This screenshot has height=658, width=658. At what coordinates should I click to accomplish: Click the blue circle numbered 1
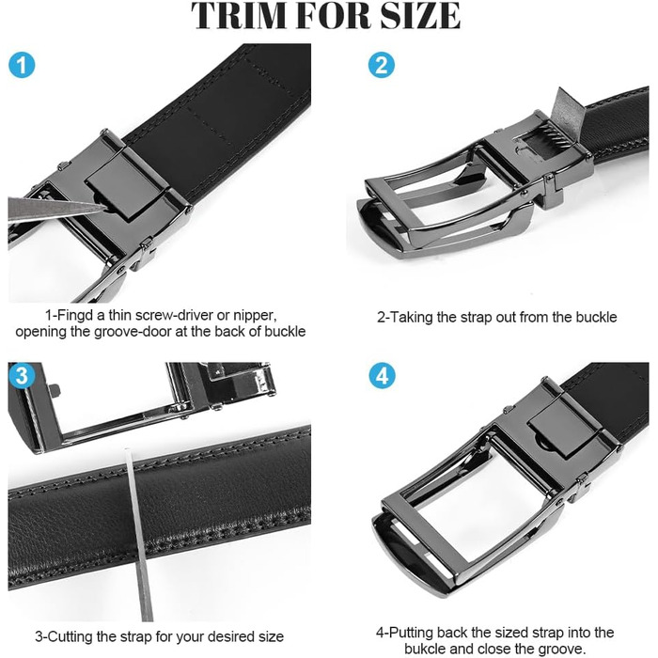[x=22, y=66]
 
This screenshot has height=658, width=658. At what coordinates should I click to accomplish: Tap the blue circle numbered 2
[x=382, y=65]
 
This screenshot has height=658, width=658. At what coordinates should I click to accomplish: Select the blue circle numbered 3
[x=22, y=376]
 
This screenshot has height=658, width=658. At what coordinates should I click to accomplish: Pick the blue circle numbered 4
[x=382, y=376]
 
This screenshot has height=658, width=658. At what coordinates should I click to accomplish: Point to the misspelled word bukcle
[x=425, y=649]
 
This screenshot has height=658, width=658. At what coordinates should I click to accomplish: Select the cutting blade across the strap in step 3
[x=138, y=534]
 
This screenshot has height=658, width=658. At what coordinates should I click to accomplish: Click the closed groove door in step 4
[x=563, y=424]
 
